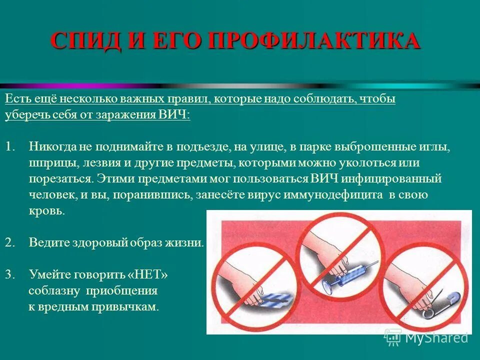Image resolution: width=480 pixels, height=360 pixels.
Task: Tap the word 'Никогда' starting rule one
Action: pos(52,147)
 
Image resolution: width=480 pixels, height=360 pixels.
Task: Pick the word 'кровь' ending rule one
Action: pos(46,211)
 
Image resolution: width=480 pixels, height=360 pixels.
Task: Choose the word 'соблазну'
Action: pos(55,291)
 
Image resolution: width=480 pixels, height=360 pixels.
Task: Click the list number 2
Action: pos(9,243)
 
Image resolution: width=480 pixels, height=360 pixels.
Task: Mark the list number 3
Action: pos(9,274)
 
